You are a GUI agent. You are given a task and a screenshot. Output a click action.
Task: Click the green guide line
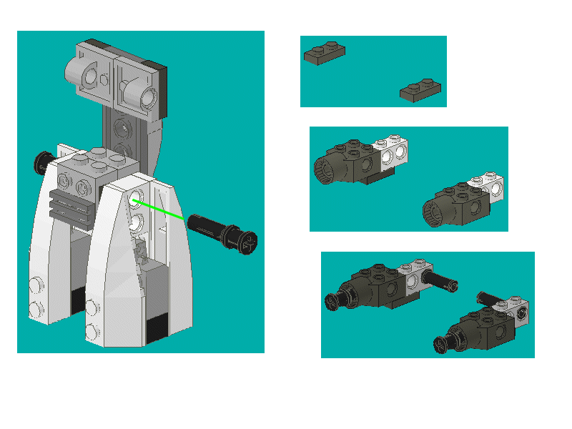(159, 208)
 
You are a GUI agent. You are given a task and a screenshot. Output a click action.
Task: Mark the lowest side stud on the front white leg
(92, 332)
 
